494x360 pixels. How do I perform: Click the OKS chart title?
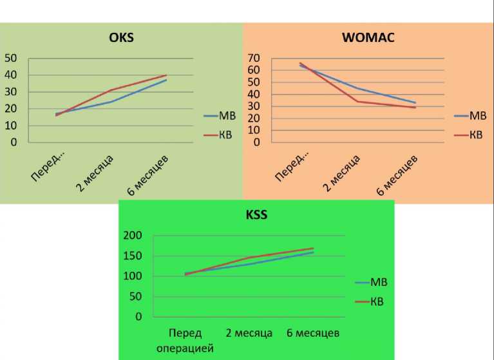(x=121, y=37)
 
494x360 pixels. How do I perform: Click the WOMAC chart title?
(x=368, y=37)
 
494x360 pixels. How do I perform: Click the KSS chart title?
(x=256, y=215)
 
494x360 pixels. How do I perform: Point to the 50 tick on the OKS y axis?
(x=11, y=59)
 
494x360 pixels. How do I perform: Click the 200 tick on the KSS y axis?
(x=132, y=236)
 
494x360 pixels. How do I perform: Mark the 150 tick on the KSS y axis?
(x=132, y=256)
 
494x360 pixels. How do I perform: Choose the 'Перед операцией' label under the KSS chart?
(x=185, y=340)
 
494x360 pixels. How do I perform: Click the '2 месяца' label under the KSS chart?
(x=249, y=333)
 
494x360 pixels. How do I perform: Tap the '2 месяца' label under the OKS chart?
(x=95, y=173)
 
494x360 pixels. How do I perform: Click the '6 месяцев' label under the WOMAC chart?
(x=397, y=175)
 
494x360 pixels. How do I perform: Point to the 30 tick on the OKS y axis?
(x=11, y=92)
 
